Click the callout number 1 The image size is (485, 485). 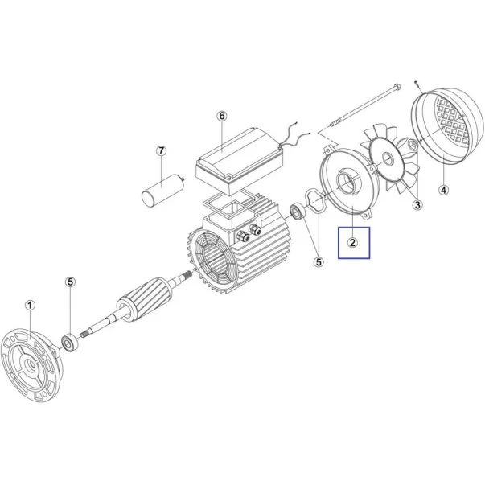pyautogui.click(x=30, y=306)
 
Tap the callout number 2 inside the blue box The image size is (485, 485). pyautogui.click(x=352, y=243)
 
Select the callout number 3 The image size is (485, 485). pyautogui.click(x=417, y=205)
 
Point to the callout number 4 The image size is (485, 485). pyautogui.click(x=444, y=190)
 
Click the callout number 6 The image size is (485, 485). pyautogui.click(x=222, y=116)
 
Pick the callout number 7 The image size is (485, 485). pyautogui.click(x=161, y=151)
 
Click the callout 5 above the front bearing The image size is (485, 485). pyautogui.click(x=71, y=282)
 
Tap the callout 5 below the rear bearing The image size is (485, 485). pyautogui.click(x=319, y=262)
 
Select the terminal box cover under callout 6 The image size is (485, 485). pyautogui.click(x=240, y=161)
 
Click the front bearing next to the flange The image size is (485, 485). pyautogui.click(x=70, y=343)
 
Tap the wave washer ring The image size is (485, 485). pyautogui.click(x=315, y=202)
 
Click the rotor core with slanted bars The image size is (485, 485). pyautogui.click(x=145, y=298)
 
